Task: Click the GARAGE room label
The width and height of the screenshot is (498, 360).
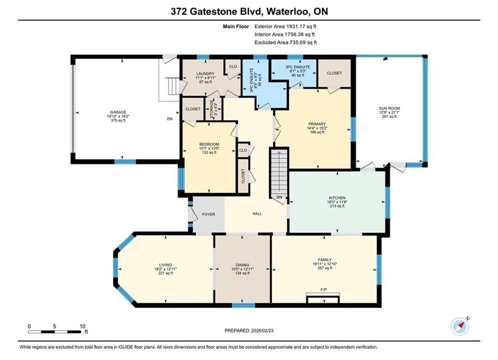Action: click(x=118, y=112)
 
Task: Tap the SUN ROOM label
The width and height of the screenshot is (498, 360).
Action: click(x=389, y=108)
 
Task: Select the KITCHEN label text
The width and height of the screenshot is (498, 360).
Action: click(x=337, y=197)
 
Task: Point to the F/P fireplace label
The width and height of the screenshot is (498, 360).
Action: click(x=323, y=289)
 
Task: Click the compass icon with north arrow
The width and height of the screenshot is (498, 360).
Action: click(x=460, y=326)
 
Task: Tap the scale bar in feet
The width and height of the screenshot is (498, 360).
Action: click(x=55, y=332)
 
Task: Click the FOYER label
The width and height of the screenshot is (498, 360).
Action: click(x=209, y=214)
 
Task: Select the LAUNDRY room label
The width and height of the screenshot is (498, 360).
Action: click(x=205, y=73)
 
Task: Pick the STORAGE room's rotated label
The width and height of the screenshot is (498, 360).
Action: click(x=212, y=109)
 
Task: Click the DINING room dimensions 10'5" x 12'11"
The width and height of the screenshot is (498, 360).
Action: click(x=242, y=269)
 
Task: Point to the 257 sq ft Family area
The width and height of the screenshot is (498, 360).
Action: click(x=325, y=267)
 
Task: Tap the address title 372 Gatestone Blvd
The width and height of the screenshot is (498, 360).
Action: click(x=216, y=11)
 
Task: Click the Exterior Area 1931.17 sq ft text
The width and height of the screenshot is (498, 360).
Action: click(x=285, y=26)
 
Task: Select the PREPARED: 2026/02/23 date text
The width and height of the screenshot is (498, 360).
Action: click(x=249, y=330)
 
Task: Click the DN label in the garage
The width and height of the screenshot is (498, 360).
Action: click(x=170, y=119)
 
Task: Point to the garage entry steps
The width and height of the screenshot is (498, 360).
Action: click(x=174, y=85)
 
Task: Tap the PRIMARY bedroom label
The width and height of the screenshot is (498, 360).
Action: click(x=317, y=124)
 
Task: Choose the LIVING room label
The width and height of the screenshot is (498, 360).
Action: click(x=166, y=265)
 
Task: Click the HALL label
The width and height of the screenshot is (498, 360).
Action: click(x=257, y=214)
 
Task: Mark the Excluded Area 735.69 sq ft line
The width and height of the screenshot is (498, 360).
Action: click(x=285, y=42)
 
